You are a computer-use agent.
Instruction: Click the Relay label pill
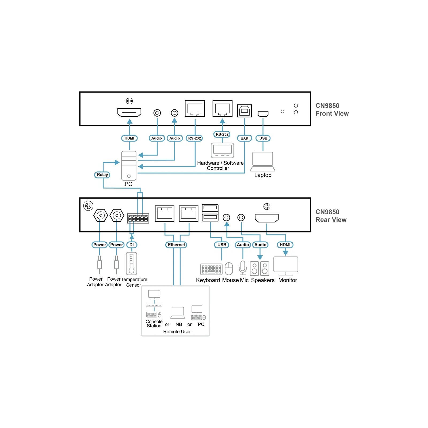102,175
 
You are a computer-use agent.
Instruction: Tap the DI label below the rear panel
132,245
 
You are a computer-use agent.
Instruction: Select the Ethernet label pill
176,245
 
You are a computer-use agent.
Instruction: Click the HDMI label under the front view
129,138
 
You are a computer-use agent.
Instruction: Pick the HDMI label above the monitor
285,245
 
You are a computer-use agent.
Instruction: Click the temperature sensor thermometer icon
131,264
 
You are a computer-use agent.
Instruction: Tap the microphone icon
243,268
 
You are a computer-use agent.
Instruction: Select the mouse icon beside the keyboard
229,269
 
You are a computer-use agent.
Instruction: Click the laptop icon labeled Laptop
263,162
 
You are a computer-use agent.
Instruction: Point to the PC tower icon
129,166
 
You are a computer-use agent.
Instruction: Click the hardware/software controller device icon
222,150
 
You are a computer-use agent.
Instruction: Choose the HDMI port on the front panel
129,112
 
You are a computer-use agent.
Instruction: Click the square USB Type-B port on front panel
244,111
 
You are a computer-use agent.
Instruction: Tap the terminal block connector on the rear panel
138,218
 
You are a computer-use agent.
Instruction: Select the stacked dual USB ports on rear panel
210,213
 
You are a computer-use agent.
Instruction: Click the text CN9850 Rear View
331,216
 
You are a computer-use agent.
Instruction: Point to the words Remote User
177,332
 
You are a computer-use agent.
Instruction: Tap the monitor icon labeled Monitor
286,266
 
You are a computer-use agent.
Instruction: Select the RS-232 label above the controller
222,134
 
